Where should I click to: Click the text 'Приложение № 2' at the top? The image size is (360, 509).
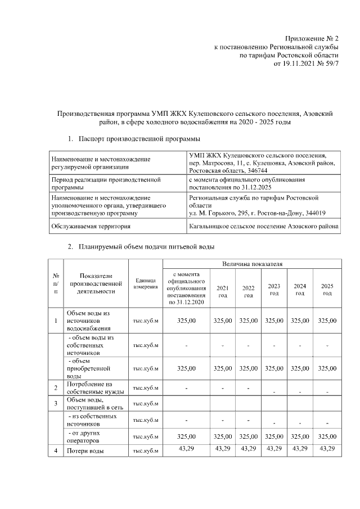tap(312, 38)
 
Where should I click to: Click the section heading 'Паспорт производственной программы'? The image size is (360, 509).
tap(139, 138)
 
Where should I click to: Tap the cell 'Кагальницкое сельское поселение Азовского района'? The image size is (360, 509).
tap(264, 226)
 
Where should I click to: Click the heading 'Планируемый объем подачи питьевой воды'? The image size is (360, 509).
tap(146, 246)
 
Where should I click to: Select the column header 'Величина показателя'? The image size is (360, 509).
tap(251, 263)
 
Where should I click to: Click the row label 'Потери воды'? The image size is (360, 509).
tap(85, 451)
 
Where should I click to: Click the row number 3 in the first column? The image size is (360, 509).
tap(56, 403)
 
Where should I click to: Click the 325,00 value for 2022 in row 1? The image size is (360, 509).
tap(248, 321)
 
